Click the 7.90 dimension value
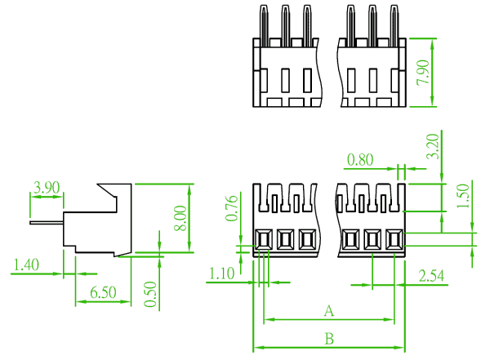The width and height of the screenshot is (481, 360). pos(424,73)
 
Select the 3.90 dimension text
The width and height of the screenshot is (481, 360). pos(47,188)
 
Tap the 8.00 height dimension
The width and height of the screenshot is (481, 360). pos(180,218)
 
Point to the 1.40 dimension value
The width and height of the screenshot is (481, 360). pos(26,264)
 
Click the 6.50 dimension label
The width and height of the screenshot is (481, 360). pos(103,292)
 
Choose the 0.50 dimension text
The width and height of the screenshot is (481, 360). pos(150,294)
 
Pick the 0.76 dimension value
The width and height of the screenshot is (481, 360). pos(232,208)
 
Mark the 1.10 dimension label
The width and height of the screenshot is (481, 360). pos(221,273)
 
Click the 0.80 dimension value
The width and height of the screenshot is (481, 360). pos(360,160)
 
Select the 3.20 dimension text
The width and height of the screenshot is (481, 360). pos(433,146)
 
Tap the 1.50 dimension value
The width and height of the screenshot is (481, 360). pos(463,196)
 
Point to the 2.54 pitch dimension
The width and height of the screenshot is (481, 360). pos(432,276)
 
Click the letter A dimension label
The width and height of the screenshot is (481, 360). pos(329,311)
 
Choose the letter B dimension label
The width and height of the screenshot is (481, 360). pos(329,339)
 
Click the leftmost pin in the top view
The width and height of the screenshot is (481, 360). pos(264,26)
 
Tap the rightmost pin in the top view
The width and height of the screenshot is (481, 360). pos(394,26)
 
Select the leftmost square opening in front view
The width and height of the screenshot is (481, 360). pos(264,239)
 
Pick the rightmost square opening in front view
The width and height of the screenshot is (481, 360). pos(394,239)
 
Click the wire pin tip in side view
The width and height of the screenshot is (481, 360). pos(30,223)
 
